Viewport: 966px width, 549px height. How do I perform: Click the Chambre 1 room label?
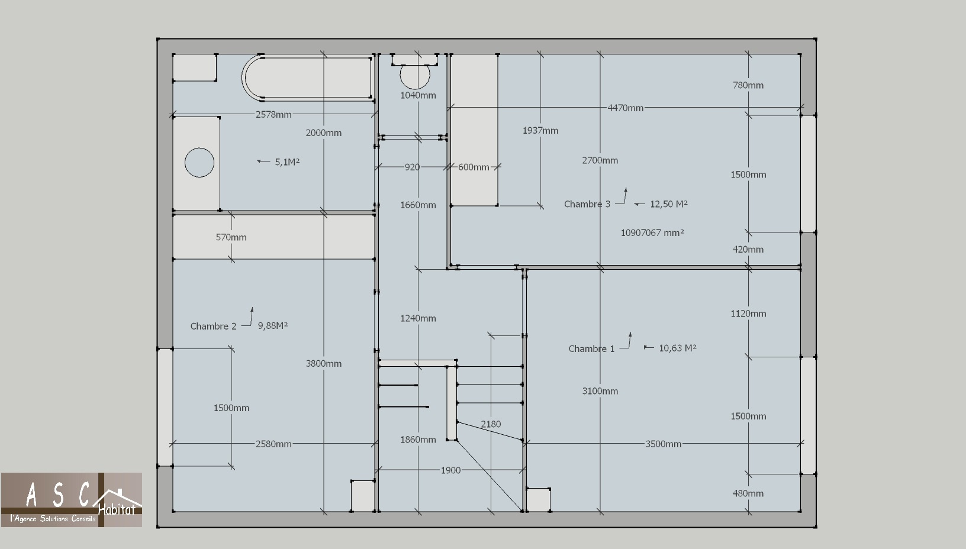tap(591, 348)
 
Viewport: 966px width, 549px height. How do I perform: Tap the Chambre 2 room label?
tap(214, 326)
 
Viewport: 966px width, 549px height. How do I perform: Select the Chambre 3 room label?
tap(587, 204)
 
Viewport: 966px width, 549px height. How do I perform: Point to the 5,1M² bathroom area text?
tap(287, 162)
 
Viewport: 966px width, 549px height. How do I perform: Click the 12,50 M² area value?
tap(668, 204)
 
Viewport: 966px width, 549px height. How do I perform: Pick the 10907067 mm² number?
tap(652, 232)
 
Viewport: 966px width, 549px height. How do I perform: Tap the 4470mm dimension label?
tap(625, 108)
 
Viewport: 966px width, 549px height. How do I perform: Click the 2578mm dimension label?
tap(273, 115)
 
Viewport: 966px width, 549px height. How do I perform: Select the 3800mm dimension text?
tap(323, 364)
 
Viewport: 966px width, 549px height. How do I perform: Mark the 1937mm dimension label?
tap(540, 131)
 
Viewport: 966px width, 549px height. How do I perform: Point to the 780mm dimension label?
tap(748, 85)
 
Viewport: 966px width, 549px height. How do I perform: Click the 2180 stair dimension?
tap(491, 424)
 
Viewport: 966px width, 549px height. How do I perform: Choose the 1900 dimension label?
tap(450, 470)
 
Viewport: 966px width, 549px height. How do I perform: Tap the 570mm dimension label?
tap(231, 237)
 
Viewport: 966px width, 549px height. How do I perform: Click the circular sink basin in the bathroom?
tap(199, 163)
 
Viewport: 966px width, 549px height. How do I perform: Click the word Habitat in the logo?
tap(117, 510)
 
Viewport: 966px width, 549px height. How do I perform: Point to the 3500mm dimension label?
tap(664, 444)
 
